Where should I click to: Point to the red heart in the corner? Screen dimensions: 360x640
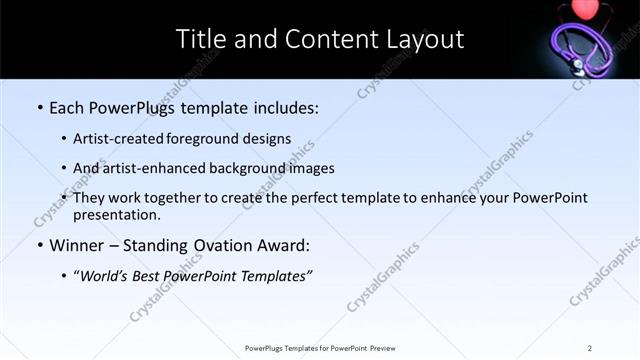tap(583, 8)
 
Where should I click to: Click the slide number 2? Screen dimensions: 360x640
tap(590, 347)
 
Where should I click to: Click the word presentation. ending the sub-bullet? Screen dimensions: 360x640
tap(116, 214)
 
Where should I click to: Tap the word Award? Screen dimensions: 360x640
tap(285, 245)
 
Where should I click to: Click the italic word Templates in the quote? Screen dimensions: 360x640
tap(279, 276)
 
